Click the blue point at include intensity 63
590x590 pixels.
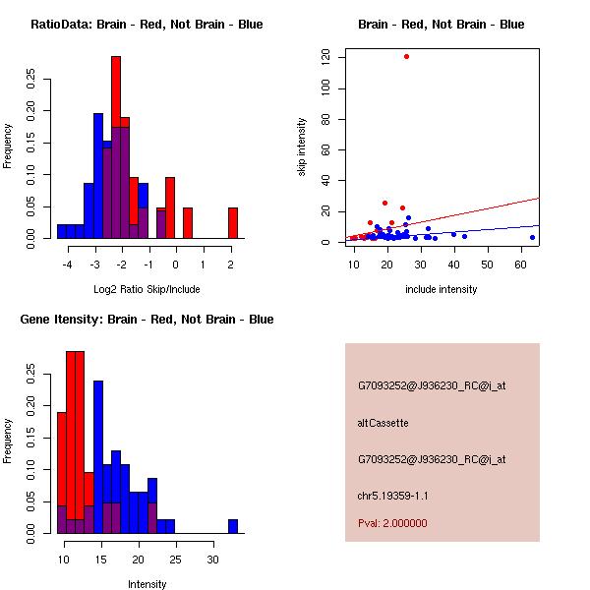(x=532, y=237)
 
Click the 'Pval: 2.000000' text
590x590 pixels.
(x=392, y=523)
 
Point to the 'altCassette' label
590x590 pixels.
(x=383, y=423)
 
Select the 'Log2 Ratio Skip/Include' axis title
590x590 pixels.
(x=147, y=288)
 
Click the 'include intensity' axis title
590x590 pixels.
(x=442, y=288)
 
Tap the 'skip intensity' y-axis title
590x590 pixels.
(x=303, y=147)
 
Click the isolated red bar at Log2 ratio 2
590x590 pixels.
(x=233, y=222)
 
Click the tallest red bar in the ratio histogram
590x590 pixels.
(x=116, y=147)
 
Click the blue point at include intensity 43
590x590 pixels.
(x=464, y=236)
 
